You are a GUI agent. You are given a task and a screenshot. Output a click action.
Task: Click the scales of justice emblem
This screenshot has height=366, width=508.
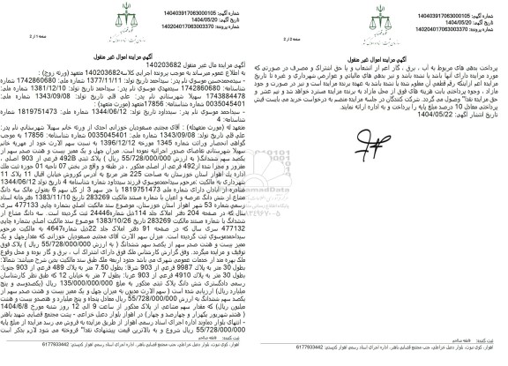(254, 19)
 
